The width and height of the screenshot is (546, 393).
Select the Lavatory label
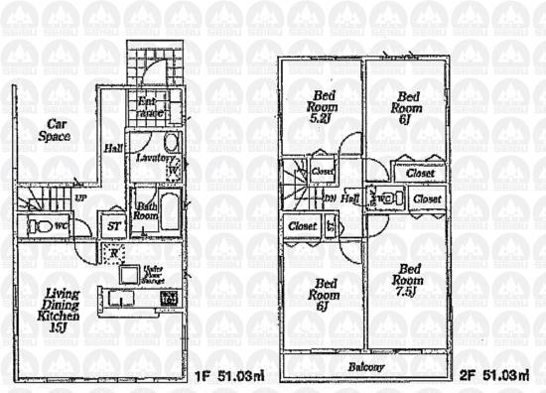click(x=156, y=158)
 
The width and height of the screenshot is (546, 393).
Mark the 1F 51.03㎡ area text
click(x=229, y=375)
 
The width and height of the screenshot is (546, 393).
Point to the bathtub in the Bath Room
click(x=168, y=208)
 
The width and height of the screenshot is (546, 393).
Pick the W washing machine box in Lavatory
click(x=173, y=170)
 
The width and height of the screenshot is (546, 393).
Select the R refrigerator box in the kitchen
click(x=116, y=255)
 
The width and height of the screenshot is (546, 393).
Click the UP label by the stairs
click(x=79, y=197)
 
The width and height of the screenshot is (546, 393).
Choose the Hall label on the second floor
click(x=350, y=198)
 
